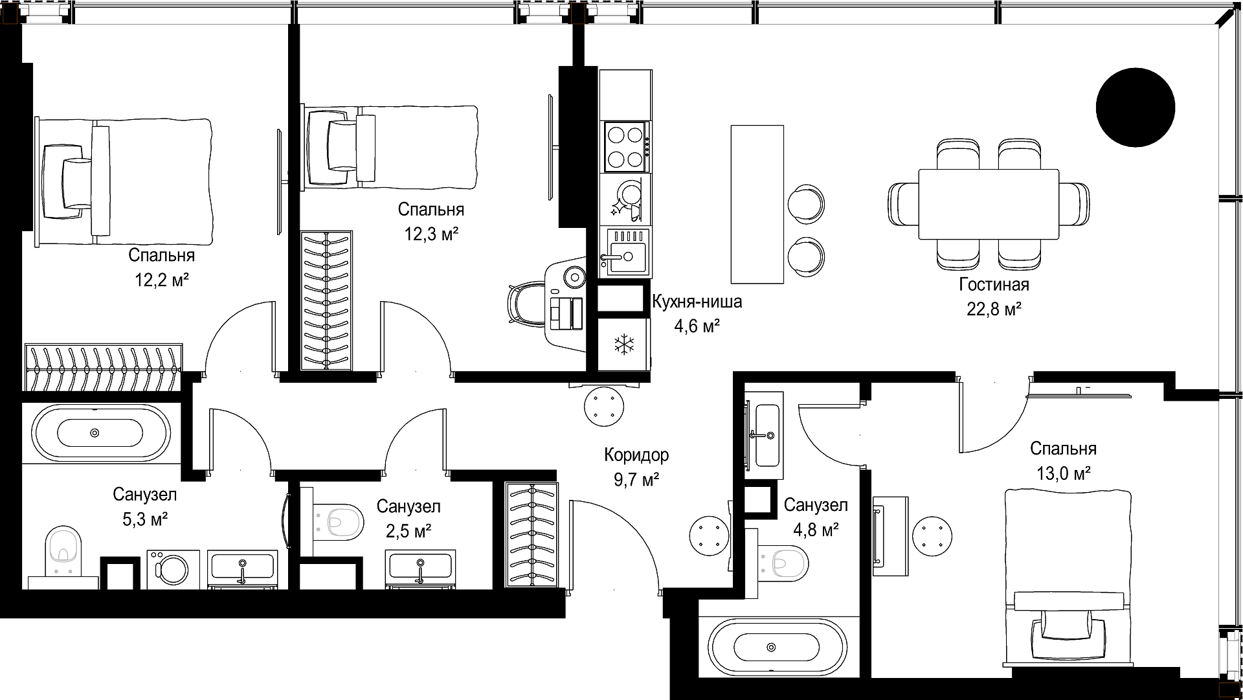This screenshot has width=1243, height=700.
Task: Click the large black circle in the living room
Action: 1135,107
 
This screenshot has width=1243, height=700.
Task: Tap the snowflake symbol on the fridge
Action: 624,344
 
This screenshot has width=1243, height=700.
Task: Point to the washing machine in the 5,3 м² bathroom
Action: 168,570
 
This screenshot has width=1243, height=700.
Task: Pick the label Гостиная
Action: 994,284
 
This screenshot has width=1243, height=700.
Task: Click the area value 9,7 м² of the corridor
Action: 636,479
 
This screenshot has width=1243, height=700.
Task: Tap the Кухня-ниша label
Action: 697,302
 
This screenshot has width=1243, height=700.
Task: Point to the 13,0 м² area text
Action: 1063,473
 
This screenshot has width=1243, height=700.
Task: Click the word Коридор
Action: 636,455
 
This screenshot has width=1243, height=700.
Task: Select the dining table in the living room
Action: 989,204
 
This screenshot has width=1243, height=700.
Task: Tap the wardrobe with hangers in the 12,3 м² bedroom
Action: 327,300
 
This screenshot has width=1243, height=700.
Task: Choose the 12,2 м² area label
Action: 161,280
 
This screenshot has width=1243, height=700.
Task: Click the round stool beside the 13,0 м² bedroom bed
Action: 932,536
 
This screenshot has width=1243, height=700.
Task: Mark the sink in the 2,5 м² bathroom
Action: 420,567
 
